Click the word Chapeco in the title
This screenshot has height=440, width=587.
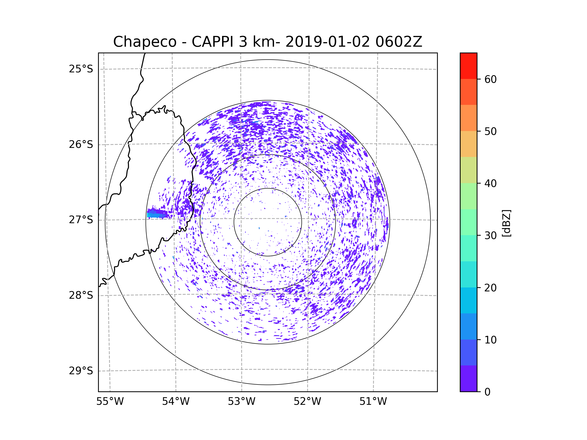[145, 42]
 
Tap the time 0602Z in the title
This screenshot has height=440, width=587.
[399, 42]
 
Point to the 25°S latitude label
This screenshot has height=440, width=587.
[81, 69]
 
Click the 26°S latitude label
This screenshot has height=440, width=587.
[81, 144]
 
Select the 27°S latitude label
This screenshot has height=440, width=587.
[81, 220]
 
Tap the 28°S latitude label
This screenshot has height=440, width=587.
[81, 295]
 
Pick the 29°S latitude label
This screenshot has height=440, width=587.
[81, 371]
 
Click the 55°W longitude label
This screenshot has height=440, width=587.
[110, 402]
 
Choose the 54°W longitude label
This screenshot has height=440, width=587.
[176, 402]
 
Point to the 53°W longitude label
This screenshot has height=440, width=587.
[241, 402]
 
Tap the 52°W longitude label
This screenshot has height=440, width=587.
[307, 402]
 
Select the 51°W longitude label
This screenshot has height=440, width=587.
[373, 402]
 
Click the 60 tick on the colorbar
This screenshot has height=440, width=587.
[490, 79]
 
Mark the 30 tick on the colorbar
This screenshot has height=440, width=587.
[490, 235]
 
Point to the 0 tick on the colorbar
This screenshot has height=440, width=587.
[487, 392]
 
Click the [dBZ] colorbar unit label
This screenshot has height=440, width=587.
[506, 223]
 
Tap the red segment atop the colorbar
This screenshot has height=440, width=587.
[468, 66]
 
